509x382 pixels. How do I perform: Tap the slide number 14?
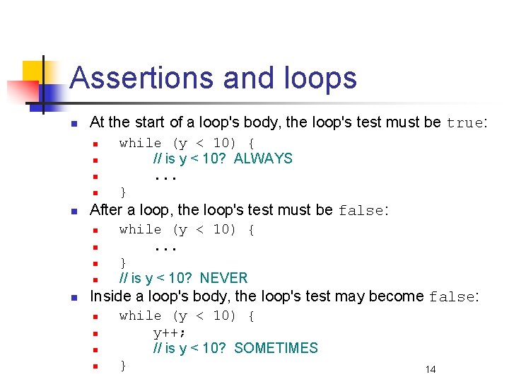[x=431, y=369]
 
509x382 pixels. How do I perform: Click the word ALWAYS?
[x=263, y=158]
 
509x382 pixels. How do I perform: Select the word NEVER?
[x=223, y=278]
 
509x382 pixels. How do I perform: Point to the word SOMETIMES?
[x=276, y=348]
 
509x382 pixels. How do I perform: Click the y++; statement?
[x=170, y=332]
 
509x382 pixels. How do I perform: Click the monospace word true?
[x=464, y=123]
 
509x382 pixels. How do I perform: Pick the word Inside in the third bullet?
[x=108, y=296]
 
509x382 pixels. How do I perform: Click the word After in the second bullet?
[x=106, y=210]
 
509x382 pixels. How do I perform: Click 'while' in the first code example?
[x=140, y=143]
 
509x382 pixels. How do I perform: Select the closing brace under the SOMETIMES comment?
[x=123, y=365]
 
